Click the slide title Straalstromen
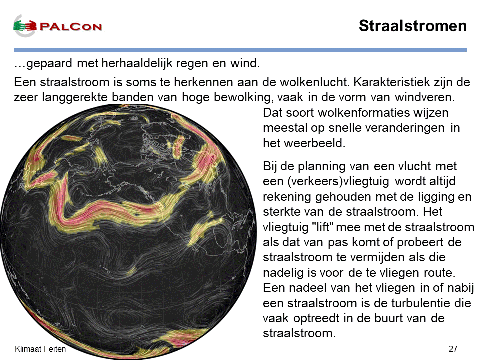[413, 26]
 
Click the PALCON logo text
[71, 26]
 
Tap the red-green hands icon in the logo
[25, 26]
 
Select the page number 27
[453, 349]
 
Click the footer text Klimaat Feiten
[40, 349]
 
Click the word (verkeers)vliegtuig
[338, 181]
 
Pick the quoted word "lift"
[322, 227]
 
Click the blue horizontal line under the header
[240, 50]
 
